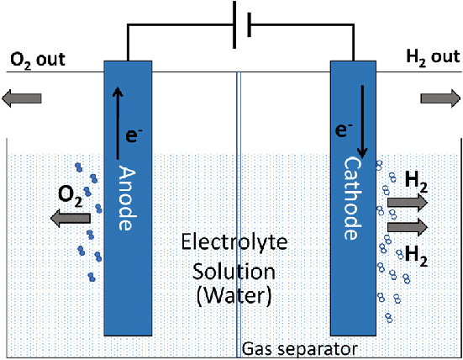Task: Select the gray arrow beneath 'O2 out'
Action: tap(19, 98)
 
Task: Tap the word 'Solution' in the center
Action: tap(235, 271)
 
